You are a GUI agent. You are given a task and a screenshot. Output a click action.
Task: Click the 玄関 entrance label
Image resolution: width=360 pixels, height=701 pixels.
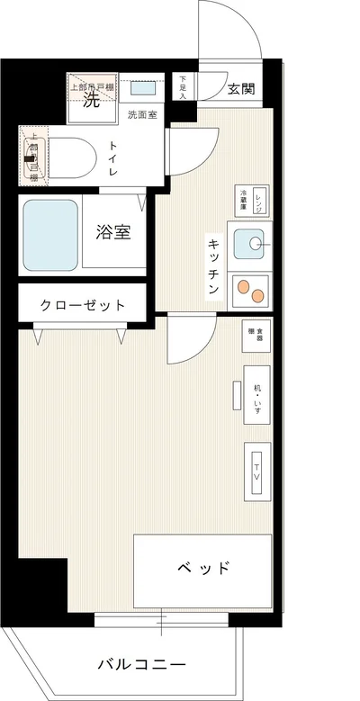(240, 88)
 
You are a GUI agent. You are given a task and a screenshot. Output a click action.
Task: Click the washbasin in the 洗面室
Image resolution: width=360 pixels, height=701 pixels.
(143, 88)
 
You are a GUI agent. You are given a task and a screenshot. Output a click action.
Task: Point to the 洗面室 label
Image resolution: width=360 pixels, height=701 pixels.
(140, 114)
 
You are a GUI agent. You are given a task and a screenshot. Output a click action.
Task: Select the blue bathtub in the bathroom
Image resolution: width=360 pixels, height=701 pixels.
(50, 232)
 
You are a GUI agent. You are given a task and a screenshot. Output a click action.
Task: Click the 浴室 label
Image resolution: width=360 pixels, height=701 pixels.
(114, 232)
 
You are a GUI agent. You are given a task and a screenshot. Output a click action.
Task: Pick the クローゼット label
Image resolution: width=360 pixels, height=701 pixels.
(82, 305)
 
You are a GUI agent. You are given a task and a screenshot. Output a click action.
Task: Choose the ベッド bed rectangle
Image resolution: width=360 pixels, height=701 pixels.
(202, 568)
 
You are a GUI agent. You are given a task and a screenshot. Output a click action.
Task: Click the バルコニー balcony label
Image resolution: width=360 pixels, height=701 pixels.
(141, 665)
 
